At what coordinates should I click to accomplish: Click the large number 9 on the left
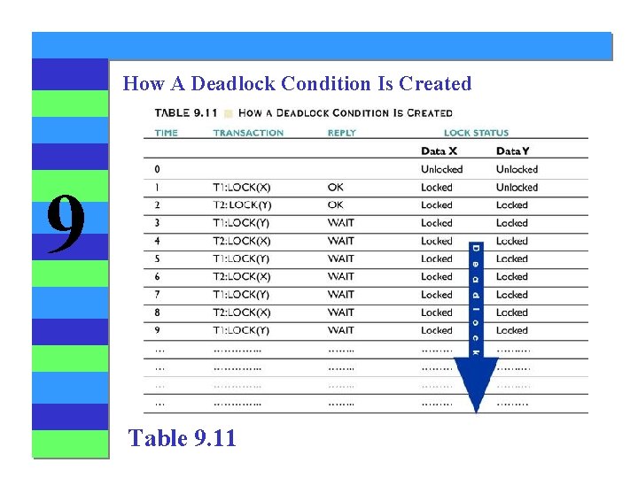point(66,224)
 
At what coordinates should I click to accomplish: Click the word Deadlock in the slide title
point(234,84)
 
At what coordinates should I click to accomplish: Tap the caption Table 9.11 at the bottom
point(182,437)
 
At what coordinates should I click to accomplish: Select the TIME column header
point(166,133)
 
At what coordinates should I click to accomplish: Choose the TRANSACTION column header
point(248,133)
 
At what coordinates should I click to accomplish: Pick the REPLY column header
point(341,133)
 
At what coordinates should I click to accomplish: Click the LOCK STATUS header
point(476,133)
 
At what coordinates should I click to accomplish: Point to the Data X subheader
point(440,151)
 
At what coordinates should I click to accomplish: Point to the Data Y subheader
point(515,151)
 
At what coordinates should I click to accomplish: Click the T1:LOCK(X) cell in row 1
point(241,188)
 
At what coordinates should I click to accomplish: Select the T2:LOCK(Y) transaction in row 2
point(241,205)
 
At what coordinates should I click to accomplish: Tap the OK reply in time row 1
point(335,188)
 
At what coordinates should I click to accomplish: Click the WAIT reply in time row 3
point(340,223)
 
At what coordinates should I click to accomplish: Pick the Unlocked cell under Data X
point(441,169)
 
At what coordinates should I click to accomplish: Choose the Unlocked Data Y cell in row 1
point(517,188)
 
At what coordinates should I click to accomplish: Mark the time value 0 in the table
point(158,169)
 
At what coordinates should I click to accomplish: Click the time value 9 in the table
point(158,330)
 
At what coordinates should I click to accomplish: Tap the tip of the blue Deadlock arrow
point(476,410)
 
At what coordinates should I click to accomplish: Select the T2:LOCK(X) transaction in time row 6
point(241,277)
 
